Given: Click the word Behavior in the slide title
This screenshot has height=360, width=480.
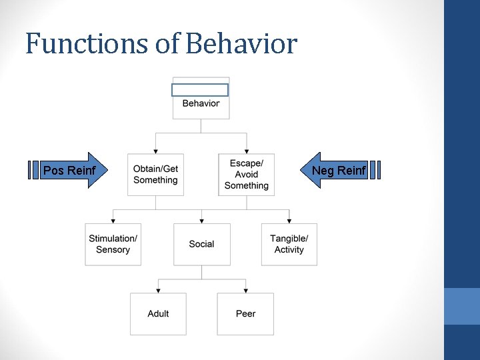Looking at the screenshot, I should pos(241,44).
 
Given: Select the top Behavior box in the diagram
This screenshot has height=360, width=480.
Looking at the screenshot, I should pos(201,103).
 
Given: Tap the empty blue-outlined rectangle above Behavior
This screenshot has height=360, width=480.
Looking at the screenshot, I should pos(200,90).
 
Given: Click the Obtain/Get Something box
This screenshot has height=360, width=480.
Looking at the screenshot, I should pos(155,175).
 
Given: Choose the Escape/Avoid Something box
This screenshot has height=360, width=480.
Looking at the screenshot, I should pos(246,175).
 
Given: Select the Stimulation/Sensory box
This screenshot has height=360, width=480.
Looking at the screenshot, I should pos(113,245).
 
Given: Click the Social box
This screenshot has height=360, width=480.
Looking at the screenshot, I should pos(201,245).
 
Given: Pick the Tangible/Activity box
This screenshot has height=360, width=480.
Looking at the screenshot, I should pos(289,245).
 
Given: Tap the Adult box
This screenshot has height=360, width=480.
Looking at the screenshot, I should pos(158,314).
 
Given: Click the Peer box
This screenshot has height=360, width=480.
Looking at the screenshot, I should pos(245,314).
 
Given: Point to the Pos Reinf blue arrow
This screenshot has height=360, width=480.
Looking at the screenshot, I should pos(69,171).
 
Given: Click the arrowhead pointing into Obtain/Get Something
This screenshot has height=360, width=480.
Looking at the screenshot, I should pos(155,151).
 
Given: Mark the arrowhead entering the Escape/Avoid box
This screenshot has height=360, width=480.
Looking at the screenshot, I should pos(246,151).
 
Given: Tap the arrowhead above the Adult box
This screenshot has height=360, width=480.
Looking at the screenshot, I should pos(158,290).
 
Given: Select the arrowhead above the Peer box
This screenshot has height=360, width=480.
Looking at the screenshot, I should pos(245,290).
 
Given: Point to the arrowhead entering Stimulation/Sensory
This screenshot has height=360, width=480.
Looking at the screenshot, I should pos(113,221).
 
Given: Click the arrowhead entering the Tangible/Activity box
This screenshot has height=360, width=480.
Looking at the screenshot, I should pos(289,221).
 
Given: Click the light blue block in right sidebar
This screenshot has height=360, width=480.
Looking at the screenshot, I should pos(462,306).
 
